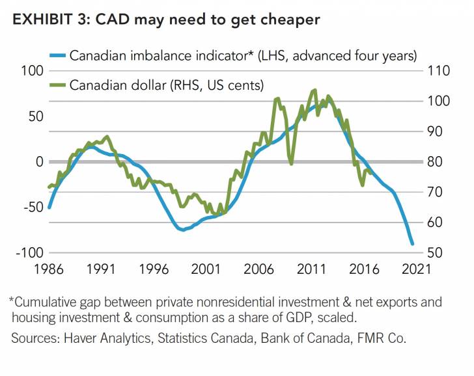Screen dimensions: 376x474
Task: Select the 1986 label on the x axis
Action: pyautogui.click(x=49, y=268)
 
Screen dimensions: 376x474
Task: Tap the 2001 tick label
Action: pyautogui.click(x=206, y=268)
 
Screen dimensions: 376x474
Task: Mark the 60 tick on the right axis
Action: pyautogui.click(x=434, y=222)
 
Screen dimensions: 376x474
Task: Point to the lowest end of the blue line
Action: pyautogui.click(x=412, y=244)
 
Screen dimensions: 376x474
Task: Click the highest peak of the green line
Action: pyautogui.click(x=315, y=90)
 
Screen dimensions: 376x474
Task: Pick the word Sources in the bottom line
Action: pyautogui.click(x=33, y=339)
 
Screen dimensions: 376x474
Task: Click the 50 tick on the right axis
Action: pyautogui.click(x=434, y=253)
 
